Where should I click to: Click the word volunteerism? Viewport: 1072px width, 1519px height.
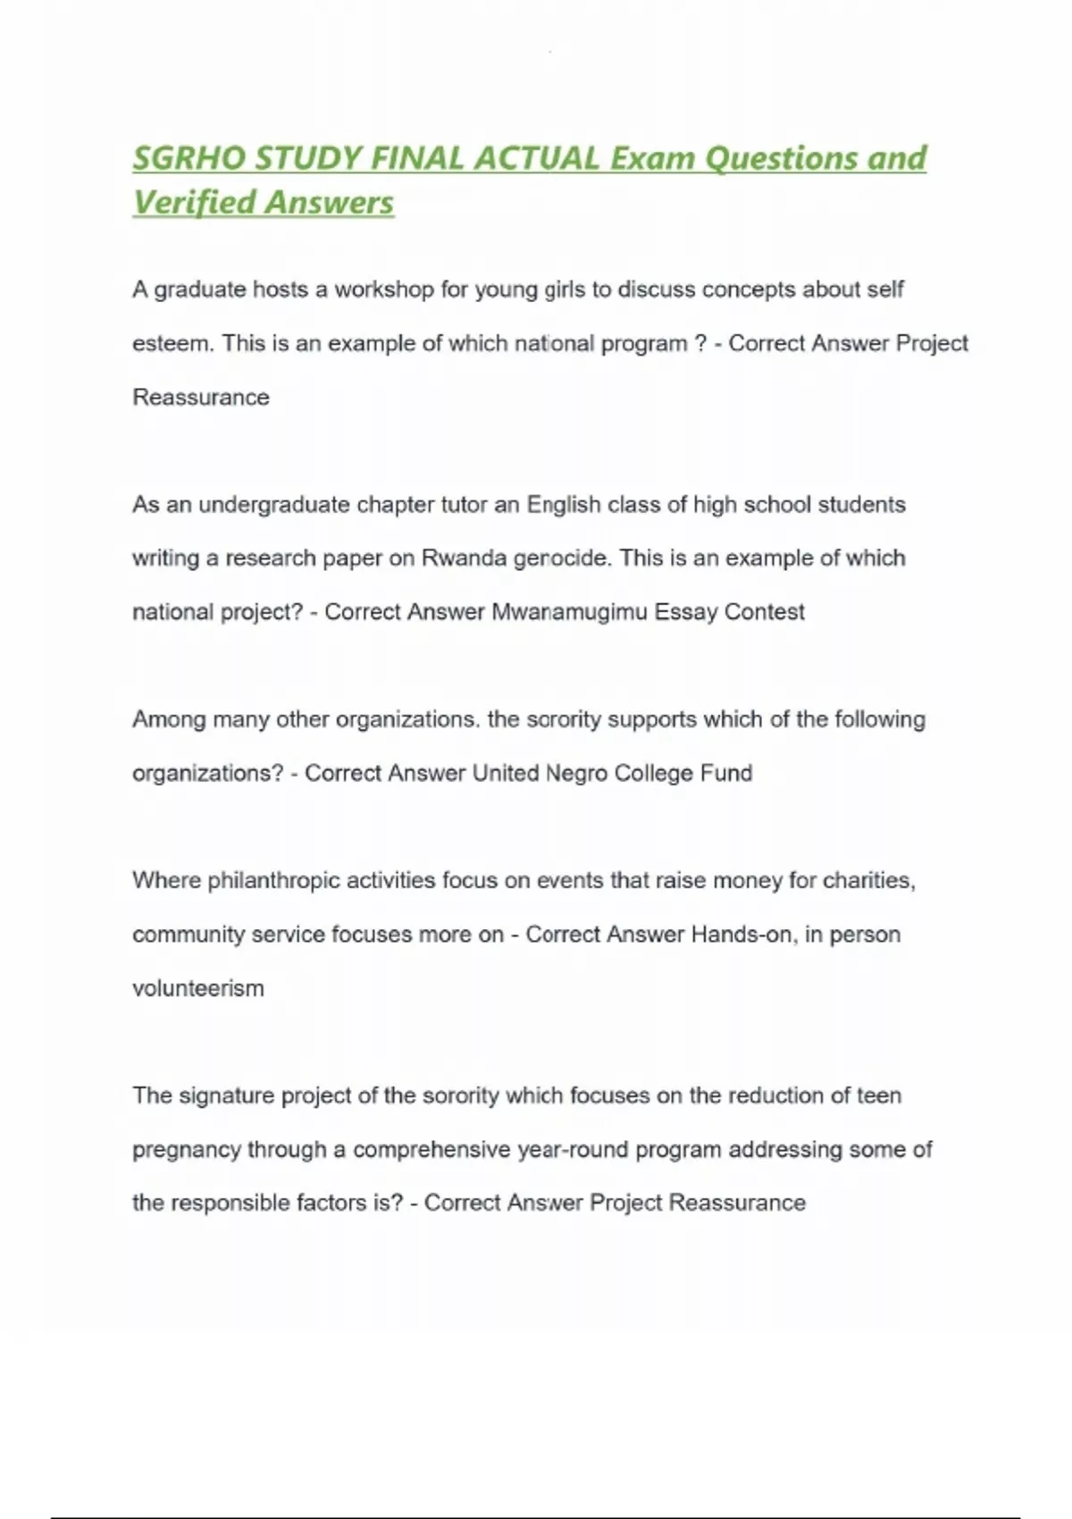point(198,988)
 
